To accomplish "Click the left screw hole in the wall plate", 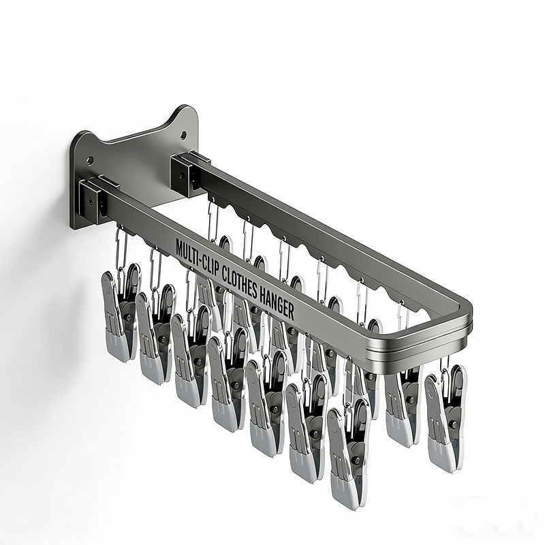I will (x=89, y=161).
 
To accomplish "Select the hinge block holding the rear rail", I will (x=188, y=174).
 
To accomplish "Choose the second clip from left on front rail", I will (x=155, y=334).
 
